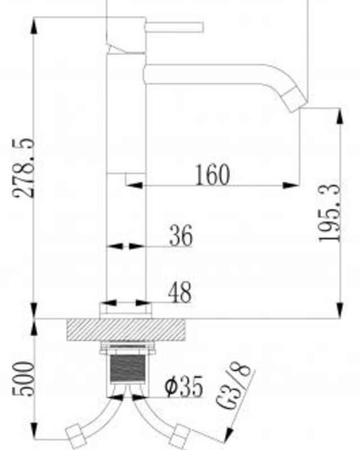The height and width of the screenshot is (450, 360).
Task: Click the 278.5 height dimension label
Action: [x=24, y=168]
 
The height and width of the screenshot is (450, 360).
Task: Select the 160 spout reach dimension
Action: [x=213, y=174]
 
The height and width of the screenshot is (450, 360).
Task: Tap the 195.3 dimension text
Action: [x=330, y=213]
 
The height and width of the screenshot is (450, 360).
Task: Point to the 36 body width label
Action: [x=181, y=236]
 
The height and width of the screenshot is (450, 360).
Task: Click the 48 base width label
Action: [x=179, y=292]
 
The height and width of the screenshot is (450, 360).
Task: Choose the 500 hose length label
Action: [x=23, y=379]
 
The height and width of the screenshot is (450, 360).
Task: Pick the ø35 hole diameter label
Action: [x=184, y=386]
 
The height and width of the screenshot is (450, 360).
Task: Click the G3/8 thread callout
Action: [x=234, y=385]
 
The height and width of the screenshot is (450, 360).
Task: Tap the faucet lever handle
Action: [x=174, y=27]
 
